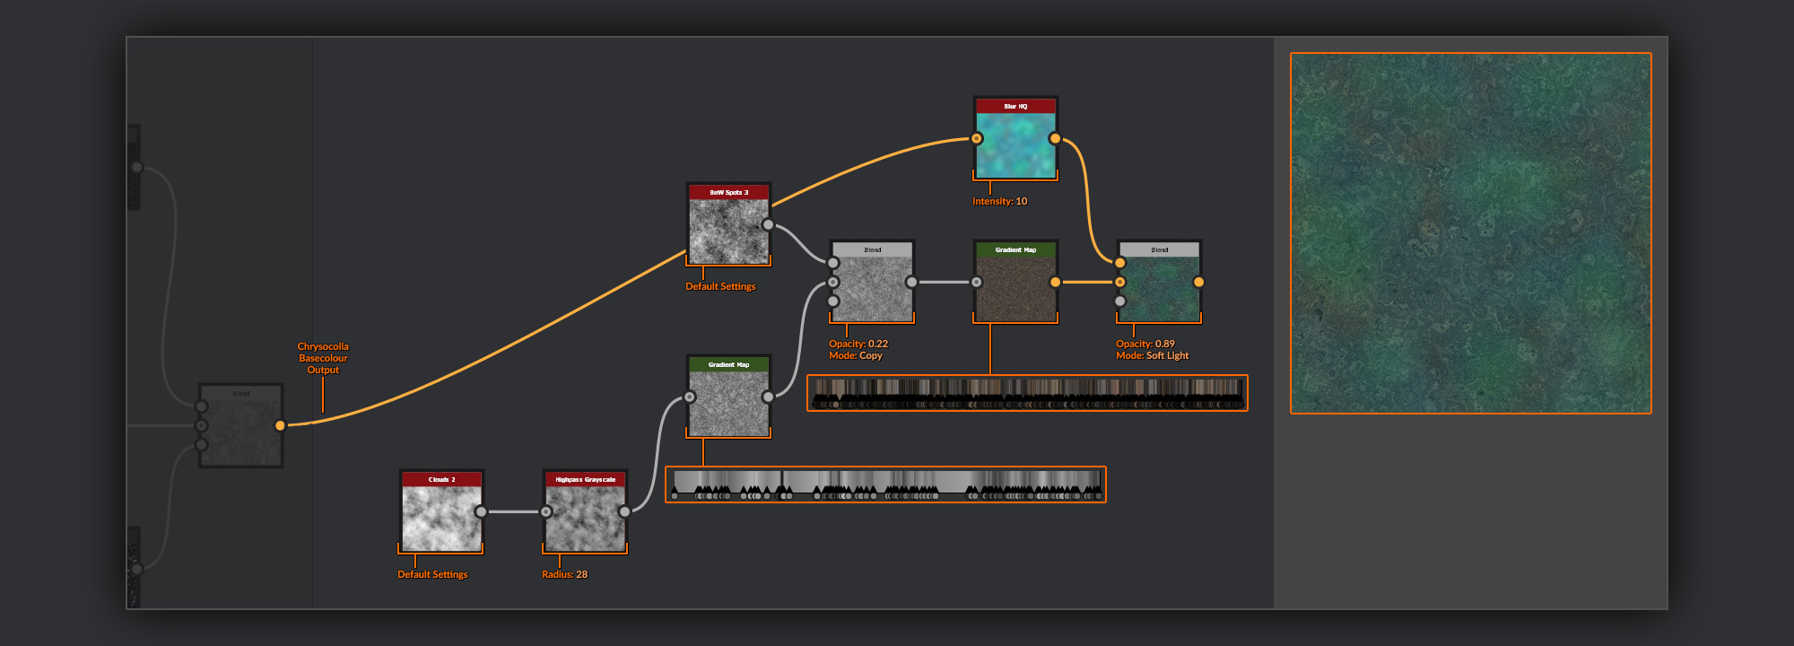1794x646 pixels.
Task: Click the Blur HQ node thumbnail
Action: pyautogui.click(x=1015, y=144)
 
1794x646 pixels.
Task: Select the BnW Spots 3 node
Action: pyautogui.click(x=728, y=230)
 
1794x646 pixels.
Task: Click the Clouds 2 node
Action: pyautogui.click(x=441, y=517)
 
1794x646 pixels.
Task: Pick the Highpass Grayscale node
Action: pyautogui.click(x=585, y=517)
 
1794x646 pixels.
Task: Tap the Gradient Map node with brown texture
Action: pyautogui.click(x=1015, y=287)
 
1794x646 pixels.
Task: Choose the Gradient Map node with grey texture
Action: pyautogui.click(x=728, y=402)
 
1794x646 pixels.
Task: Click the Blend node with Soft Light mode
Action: pyautogui.click(x=1159, y=287)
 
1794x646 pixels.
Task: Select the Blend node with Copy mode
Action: pyautogui.click(x=872, y=287)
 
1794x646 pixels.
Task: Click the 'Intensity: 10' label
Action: pyautogui.click(x=999, y=201)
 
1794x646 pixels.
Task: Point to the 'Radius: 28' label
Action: pyautogui.click(x=564, y=574)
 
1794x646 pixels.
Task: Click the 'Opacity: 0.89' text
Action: pyautogui.click(x=1145, y=344)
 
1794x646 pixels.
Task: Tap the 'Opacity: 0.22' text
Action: pyautogui.click(x=858, y=344)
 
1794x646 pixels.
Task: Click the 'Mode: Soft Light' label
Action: pyautogui.click(x=1152, y=356)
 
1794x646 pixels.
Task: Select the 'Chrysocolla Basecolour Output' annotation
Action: pyautogui.click(x=323, y=358)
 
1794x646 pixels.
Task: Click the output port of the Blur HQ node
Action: pyautogui.click(x=1055, y=138)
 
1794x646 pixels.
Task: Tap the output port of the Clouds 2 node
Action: pyautogui.click(x=481, y=511)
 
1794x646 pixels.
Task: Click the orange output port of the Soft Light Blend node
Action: pyautogui.click(x=1198, y=282)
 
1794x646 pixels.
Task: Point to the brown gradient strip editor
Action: pyautogui.click(x=1027, y=392)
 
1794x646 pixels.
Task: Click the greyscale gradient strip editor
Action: pyautogui.click(x=885, y=484)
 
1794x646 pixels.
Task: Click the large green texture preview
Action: pyautogui.click(x=1470, y=233)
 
